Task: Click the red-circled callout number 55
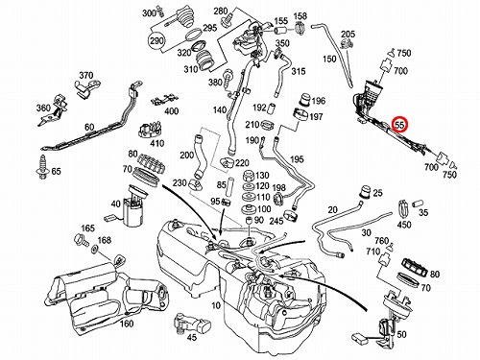pos(399,124)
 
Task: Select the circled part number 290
pos(156,40)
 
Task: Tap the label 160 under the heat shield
pos(127,324)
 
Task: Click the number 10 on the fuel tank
pos(216,305)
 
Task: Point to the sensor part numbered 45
pos(192,324)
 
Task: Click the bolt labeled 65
pos(42,167)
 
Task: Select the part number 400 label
pos(171,111)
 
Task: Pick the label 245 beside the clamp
pos(276,221)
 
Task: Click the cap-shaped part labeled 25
pos(365,192)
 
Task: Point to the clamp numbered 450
pos(403,208)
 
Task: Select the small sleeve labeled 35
pos(418,204)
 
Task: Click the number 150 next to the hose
pos(329,59)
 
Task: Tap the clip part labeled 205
pos(347,45)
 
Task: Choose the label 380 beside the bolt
pos(215,83)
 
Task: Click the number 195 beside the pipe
pos(298,159)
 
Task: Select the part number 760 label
pos(381,240)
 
